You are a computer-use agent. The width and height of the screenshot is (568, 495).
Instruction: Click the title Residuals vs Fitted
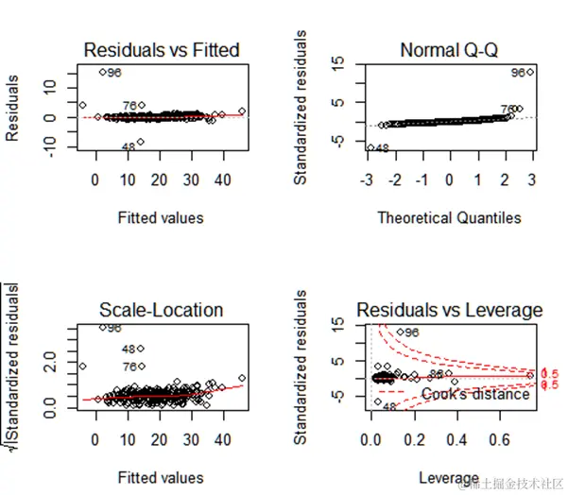pos(161,49)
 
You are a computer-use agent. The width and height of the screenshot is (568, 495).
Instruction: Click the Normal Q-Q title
pos(449,49)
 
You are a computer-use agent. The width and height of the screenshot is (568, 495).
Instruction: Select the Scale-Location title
pos(161,310)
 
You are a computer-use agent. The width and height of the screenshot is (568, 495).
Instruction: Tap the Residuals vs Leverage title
pos(449,310)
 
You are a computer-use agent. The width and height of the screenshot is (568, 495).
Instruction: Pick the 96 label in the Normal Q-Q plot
pos(517,73)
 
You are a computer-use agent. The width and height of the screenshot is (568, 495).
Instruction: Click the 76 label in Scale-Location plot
pos(129,367)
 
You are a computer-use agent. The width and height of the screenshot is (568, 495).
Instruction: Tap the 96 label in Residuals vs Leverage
pos(411,333)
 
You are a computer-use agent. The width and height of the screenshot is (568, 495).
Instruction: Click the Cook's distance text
pos(475,394)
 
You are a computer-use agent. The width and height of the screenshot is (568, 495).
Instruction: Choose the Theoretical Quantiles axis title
pos(449,218)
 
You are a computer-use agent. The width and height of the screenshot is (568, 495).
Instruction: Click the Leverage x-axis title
pos(449,479)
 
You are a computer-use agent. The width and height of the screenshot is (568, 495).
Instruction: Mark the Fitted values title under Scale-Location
pos(161,479)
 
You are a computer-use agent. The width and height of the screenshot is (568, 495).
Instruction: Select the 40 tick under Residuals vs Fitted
pos(221,179)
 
